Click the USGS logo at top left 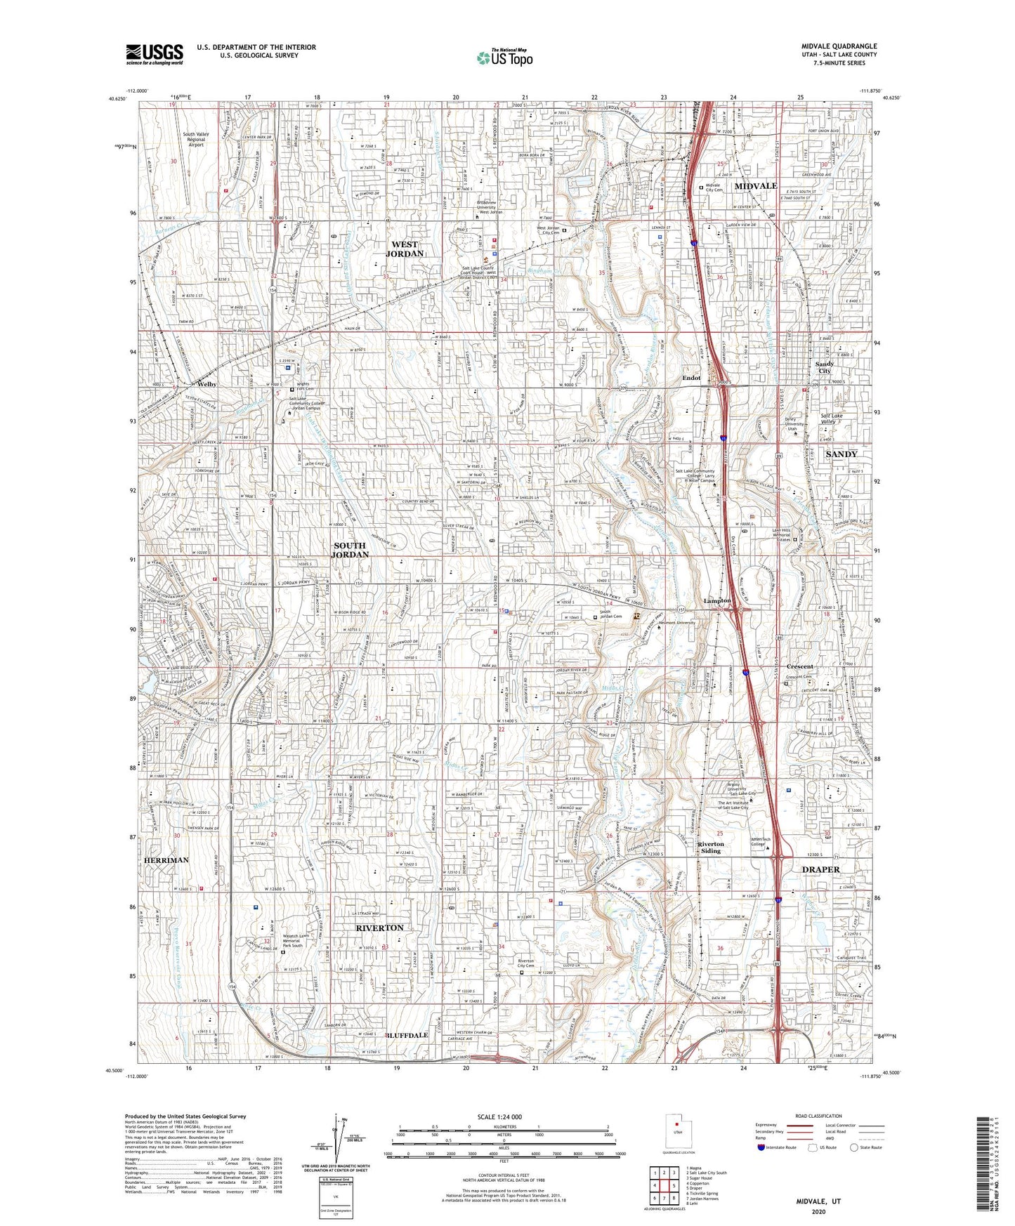click(x=155, y=53)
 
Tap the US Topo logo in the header click(x=504, y=58)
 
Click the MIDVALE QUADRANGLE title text click(x=839, y=46)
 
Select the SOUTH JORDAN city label click(x=349, y=549)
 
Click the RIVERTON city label click(x=379, y=928)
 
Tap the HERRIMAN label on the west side click(x=166, y=859)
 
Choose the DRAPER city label click(x=820, y=869)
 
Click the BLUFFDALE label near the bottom click(x=407, y=1035)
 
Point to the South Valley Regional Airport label click(x=196, y=139)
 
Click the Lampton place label click(x=717, y=600)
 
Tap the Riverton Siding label click(x=710, y=848)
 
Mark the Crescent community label click(x=799, y=666)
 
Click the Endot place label click(x=691, y=378)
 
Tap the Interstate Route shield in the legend click(x=761, y=1147)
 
